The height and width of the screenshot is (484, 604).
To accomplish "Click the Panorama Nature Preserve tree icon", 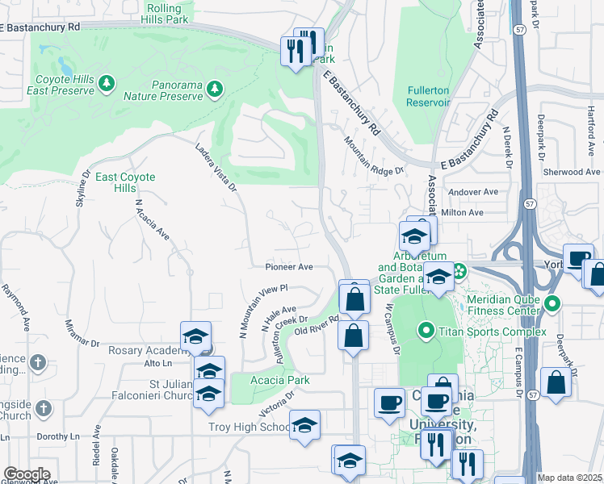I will tap(215, 88).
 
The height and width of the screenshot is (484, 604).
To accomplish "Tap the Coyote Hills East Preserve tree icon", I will tap(106, 83).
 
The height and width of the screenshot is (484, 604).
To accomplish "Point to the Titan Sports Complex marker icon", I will tap(426, 331).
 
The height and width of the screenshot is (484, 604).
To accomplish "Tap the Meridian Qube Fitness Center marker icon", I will tap(552, 305).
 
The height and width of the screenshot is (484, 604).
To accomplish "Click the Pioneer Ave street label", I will tap(288, 266).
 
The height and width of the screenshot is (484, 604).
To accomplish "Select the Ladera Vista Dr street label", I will tap(216, 168).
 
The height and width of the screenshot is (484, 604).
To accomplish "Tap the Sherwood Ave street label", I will tap(572, 172).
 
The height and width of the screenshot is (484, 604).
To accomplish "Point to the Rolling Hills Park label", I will tap(165, 13).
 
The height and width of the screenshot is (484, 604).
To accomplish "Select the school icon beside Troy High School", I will tap(304, 426).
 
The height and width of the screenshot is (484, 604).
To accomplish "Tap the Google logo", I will tap(27, 474).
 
